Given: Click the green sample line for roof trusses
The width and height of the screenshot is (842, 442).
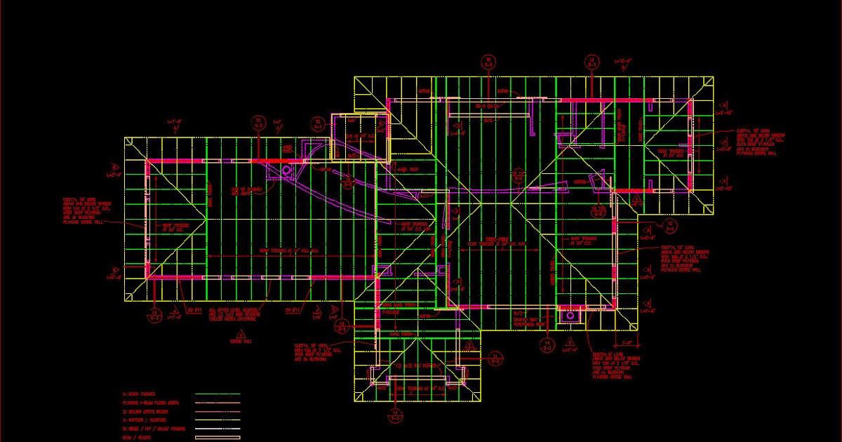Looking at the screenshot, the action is [x=217, y=394].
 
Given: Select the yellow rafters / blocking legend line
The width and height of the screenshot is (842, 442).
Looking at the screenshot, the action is [x=217, y=420].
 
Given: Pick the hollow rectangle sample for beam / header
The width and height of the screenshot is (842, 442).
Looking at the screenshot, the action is [x=217, y=438].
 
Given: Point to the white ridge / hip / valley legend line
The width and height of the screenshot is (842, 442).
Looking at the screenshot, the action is [x=217, y=429].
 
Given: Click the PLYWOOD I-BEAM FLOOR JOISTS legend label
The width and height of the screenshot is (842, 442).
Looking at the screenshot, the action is [x=150, y=403].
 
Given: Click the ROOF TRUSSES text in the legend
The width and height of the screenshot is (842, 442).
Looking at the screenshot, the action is [x=140, y=394].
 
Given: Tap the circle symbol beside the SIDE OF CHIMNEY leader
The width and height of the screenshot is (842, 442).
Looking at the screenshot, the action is [x=286, y=170].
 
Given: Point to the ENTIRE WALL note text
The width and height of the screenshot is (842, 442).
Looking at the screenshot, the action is [x=241, y=341].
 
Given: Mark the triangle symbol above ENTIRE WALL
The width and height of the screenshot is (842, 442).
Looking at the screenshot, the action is [x=241, y=333].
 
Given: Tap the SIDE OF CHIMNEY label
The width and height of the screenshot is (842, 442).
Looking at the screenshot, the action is [x=246, y=190].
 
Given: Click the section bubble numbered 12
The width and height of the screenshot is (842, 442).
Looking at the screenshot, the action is [x=670, y=225].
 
